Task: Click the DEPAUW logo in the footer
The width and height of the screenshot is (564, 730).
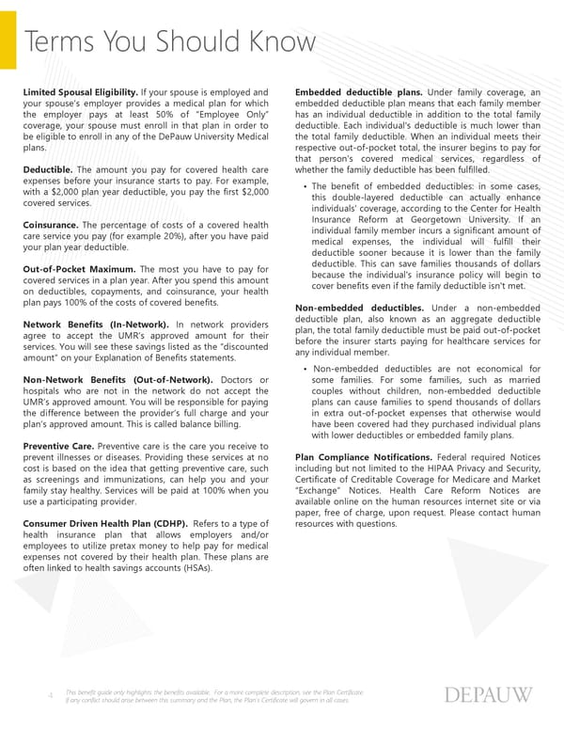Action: (x=486, y=695)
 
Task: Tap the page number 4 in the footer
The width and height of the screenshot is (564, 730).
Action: (x=50, y=696)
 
